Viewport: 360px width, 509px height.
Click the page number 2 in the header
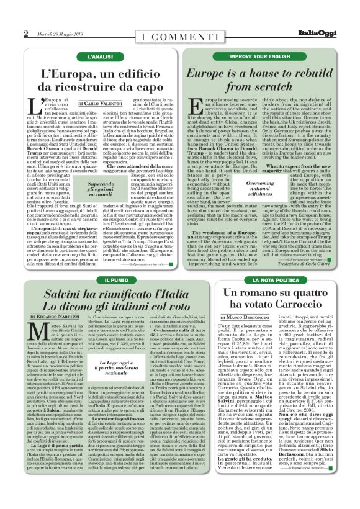(x=25, y=34)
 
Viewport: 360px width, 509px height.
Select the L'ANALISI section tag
(x=99, y=56)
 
